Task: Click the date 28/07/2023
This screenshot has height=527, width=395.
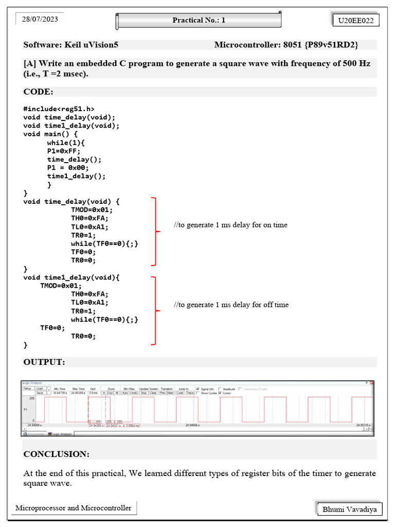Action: click(40, 20)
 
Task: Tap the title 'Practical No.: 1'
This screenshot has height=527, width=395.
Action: click(199, 21)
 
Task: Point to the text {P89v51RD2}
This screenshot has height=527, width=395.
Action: click(331, 45)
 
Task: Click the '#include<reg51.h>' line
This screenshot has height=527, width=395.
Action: click(59, 109)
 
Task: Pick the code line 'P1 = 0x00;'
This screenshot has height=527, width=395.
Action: click(68, 168)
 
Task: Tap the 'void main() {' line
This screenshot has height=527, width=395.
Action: click(50, 134)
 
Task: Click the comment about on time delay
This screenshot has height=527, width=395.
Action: click(230, 225)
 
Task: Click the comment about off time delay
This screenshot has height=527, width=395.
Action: click(231, 305)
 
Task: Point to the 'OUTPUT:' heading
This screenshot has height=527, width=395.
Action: click(44, 362)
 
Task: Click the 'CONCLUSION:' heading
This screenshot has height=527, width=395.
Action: click(57, 454)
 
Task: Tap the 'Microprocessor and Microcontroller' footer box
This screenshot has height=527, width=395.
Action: click(74, 508)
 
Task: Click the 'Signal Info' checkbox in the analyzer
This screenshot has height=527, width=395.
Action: click(198, 389)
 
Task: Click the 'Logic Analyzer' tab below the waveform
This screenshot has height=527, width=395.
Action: click(60, 434)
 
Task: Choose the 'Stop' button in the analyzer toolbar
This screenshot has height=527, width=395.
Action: click(144, 393)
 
